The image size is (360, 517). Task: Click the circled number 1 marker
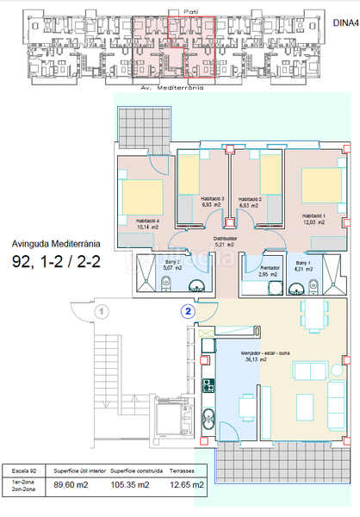coord(102,310)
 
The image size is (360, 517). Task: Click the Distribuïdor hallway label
coord(226,238)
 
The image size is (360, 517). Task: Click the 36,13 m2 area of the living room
coord(251,360)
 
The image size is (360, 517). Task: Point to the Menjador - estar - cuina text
coord(264,352)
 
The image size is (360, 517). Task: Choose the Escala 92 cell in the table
coord(23,471)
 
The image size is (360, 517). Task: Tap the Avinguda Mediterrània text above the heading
coord(57,244)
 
